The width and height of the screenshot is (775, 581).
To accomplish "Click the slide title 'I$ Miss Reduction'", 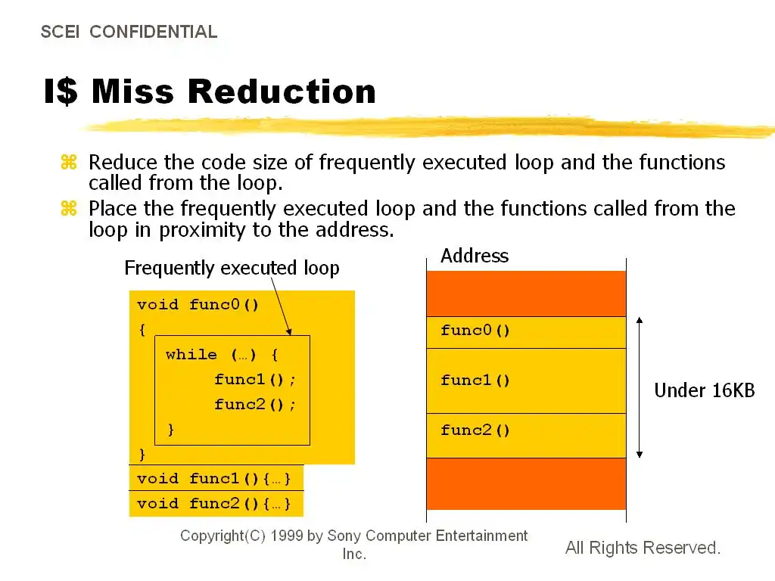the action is pos(210,92).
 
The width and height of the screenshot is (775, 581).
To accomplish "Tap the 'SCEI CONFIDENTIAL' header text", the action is pos(129,32).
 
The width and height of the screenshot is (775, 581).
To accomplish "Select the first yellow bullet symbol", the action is pos(69,162).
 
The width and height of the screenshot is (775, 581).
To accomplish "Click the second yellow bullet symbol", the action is pos(69,209).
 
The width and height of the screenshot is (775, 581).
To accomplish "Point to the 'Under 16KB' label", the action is pos(705,390).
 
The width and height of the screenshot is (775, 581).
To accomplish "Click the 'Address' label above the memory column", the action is pos(475,256).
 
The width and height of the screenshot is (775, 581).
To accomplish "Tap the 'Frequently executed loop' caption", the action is pos(232,268).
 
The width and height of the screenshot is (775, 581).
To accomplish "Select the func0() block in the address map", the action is pos(527,333).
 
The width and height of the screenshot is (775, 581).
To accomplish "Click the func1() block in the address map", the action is pos(527,381).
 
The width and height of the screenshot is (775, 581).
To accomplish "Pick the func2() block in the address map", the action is pos(527,436).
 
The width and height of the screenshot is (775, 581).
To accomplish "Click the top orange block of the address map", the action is pos(527,294).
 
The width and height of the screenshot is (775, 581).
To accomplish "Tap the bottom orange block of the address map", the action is pos(527,483).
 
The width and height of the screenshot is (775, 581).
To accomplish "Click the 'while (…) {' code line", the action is pos(222,355).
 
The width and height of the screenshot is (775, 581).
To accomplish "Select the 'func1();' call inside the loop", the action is pos(255,380).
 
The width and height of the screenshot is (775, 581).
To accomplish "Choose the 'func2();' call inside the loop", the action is pos(255,405).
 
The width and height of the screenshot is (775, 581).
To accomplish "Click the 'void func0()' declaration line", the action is pos(198,304).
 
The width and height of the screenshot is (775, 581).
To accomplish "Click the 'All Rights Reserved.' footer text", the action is pos(643,548).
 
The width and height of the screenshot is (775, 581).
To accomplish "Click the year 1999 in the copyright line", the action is pos(287,536).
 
